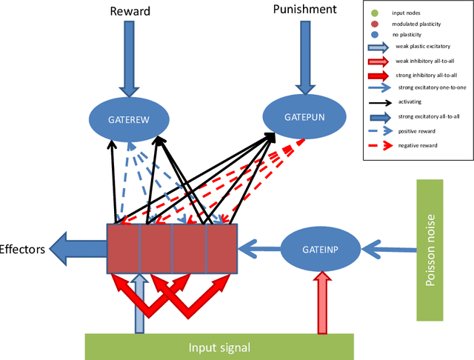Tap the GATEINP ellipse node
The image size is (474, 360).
320,250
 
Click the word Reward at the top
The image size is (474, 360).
131,10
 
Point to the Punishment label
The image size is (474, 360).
304,10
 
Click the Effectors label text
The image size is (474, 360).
22,250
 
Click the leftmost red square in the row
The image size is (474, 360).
123,250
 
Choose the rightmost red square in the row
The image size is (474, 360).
221,250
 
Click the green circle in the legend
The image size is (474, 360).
375,13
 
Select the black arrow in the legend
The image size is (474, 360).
380,104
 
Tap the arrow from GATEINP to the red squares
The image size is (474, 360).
259,250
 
